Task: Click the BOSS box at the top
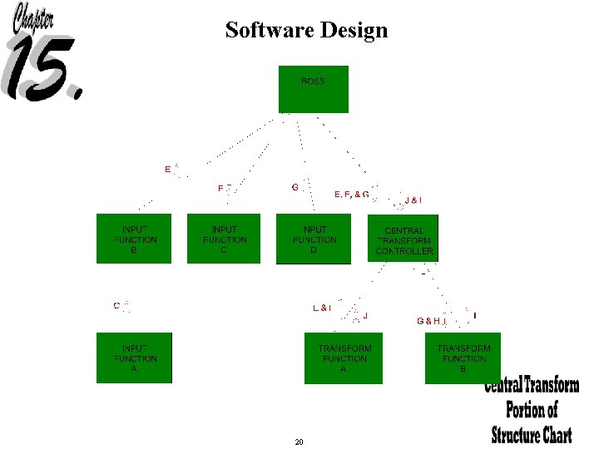[313, 89]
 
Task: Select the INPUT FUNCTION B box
[134, 239]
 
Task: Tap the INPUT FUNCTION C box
[224, 239]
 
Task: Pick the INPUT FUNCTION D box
[314, 239]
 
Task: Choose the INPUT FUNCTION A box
[134, 358]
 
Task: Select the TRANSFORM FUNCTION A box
[344, 358]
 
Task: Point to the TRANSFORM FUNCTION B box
[463, 358]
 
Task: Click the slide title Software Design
[306, 31]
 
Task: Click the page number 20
[299, 442]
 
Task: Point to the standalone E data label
[168, 170]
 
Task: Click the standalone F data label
[221, 189]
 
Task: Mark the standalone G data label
[295, 187]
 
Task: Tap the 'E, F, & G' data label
[351, 195]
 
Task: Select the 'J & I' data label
[413, 200]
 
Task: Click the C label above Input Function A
[116, 305]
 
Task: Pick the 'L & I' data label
[322, 308]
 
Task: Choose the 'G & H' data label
[429, 320]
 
